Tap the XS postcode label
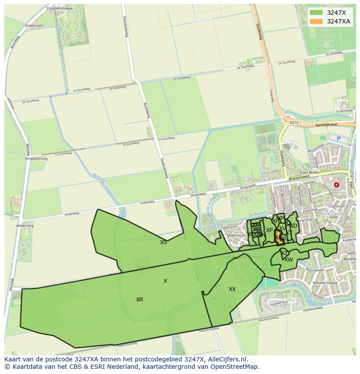coord(163,242)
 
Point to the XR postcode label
coord(140,300)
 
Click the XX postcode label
coord(232,289)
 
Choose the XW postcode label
coord(289,260)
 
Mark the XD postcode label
coord(293,226)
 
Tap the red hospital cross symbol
coord(336,185)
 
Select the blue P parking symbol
coord(338,139)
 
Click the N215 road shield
coord(295,123)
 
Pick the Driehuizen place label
coord(34,26)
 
